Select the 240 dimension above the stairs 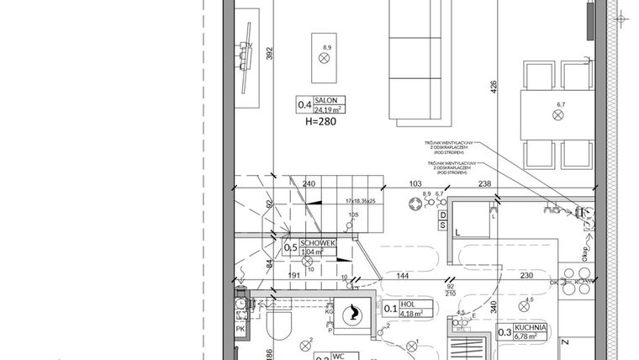[x=309, y=184]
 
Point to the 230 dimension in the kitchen [x=527, y=276]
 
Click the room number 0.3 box [x=504, y=333]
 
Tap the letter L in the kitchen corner [x=457, y=230]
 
